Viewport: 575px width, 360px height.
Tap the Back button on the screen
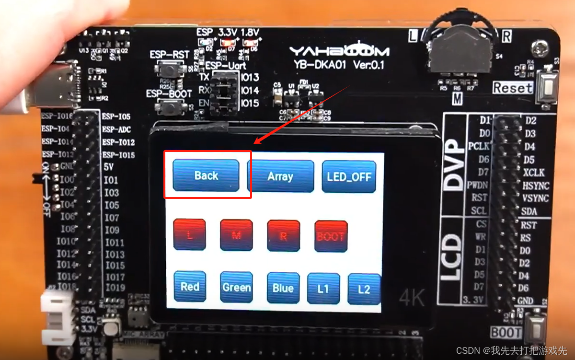click(x=206, y=175)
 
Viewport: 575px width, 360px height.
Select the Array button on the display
click(x=280, y=176)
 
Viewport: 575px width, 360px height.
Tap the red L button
click(x=189, y=235)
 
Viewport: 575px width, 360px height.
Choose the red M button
click(x=236, y=235)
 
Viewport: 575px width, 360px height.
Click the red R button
click(x=283, y=235)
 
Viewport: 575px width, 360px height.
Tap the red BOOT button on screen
click(x=331, y=236)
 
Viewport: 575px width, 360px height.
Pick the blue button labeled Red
click(x=190, y=287)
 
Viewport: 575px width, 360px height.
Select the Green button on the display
click(x=236, y=287)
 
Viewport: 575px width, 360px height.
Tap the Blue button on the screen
click(x=283, y=288)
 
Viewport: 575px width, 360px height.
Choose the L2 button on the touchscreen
click(x=364, y=289)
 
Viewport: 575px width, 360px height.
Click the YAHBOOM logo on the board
click(x=339, y=51)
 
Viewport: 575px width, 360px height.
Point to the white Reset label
click(x=513, y=88)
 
